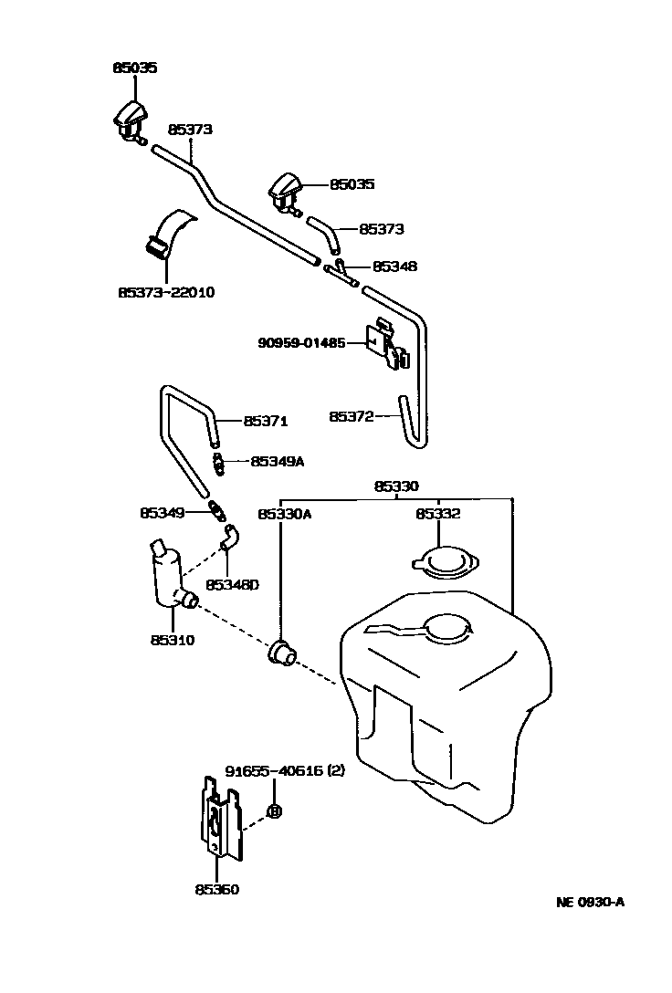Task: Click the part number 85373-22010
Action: (x=165, y=293)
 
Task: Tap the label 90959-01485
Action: (x=301, y=344)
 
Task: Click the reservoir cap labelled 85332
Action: (x=446, y=563)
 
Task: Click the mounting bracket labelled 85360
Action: (x=220, y=818)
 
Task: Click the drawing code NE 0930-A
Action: (x=590, y=903)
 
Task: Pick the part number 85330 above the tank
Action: (x=397, y=487)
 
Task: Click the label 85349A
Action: (x=277, y=462)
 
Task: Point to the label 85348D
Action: (x=232, y=584)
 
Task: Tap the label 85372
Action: (x=352, y=416)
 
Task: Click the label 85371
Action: (x=266, y=421)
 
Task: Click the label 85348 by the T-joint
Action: (x=394, y=267)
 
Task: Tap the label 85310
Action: (x=173, y=640)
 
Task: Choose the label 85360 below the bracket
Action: (x=216, y=889)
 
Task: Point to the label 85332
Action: (x=438, y=515)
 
